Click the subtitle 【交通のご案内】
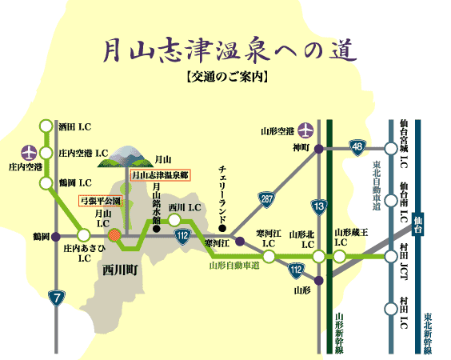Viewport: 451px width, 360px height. click(225, 79)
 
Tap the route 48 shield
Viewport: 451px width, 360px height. click(357, 146)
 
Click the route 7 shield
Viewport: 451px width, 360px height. click(56, 298)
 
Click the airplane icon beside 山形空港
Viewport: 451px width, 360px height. click(308, 130)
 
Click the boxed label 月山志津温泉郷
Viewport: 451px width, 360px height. click(161, 174)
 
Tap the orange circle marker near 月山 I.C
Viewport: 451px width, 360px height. click(115, 236)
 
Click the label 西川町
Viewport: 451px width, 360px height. click(121, 270)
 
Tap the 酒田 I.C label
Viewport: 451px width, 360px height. click(77, 126)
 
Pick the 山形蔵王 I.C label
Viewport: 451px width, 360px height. click(351, 235)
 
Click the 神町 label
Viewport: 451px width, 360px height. click(300, 147)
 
